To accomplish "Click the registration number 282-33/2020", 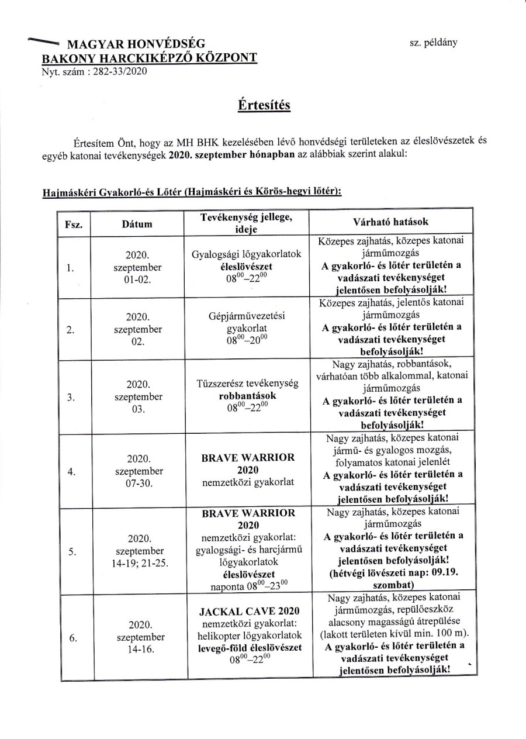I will click(x=116, y=72).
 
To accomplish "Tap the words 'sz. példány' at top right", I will click(x=434, y=42).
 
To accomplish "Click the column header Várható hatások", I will click(x=391, y=222).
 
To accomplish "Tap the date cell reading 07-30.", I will click(x=138, y=485).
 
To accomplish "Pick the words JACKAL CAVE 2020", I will click(x=245, y=612).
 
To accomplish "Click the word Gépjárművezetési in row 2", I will click(x=245, y=316).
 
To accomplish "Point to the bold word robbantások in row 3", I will click(x=245, y=396).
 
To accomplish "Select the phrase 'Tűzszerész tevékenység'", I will click(x=245, y=384).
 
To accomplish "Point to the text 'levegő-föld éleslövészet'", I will click(x=245, y=647).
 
